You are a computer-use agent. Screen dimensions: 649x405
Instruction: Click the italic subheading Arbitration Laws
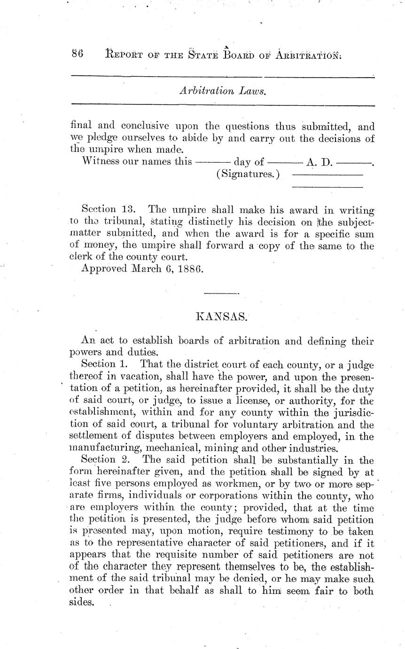pyautogui.click(x=223, y=91)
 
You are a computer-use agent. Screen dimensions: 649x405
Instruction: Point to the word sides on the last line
pyautogui.click(x=82, y=603)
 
